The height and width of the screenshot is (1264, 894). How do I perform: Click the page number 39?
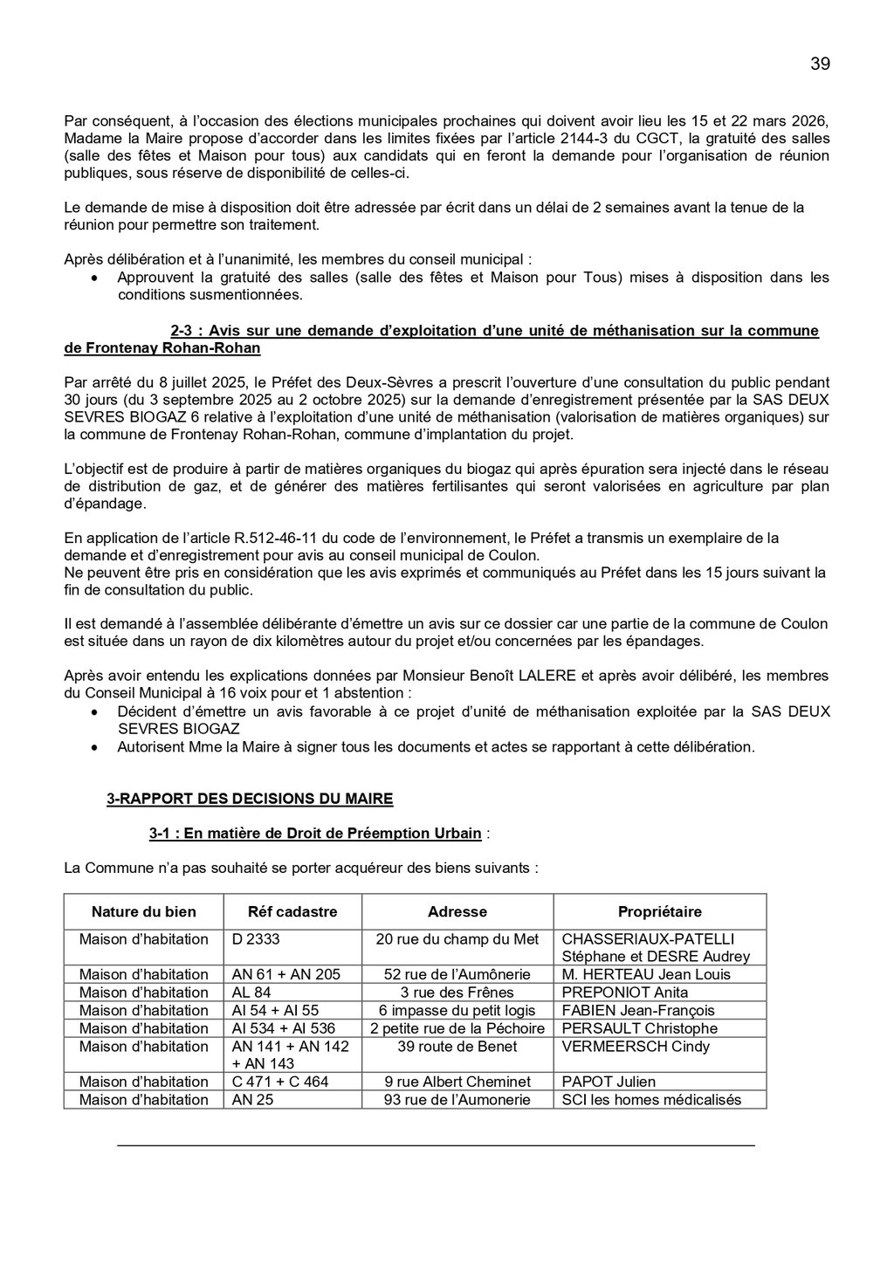point(820,64)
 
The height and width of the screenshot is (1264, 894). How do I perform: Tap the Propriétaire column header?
point(659,912)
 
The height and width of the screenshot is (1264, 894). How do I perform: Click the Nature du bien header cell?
point(144,912)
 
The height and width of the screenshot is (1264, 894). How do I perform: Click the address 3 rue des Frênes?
point(457,993)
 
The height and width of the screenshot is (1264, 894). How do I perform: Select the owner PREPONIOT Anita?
point(625,993)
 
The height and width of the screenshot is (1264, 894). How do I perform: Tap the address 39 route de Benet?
point(457,1047)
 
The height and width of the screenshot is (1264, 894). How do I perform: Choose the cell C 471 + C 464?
point(280,1082)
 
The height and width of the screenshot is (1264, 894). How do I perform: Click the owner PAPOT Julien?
point(608,1082)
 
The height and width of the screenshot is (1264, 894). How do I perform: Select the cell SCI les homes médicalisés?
point(651,1100)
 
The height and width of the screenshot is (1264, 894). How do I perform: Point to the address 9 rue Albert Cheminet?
point(457,1082)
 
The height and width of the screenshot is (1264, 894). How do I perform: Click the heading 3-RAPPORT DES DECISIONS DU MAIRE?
point(250,799)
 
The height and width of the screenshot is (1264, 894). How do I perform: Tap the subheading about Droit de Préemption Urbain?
point(315,834)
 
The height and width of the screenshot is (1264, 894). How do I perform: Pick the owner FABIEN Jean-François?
point(638,1011)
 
